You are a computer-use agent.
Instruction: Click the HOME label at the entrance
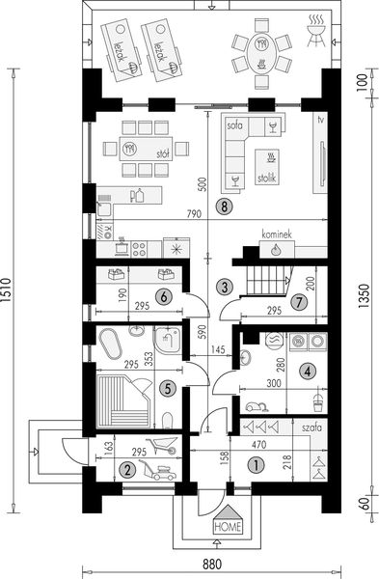228,527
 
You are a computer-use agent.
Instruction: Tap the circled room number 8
225,207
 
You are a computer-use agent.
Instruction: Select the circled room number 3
225,287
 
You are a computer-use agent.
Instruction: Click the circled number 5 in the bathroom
168,388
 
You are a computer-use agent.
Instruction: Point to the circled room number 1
257,465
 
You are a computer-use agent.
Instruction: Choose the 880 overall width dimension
212,565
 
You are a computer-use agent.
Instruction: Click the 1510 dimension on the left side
8,291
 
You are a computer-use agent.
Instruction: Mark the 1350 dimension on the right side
364,296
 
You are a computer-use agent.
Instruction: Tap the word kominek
277,234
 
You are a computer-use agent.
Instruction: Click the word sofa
234,125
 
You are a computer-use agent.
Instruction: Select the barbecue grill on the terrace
316,31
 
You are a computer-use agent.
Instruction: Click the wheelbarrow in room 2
161,446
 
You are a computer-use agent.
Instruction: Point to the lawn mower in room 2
157,471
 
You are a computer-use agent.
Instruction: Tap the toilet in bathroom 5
168,420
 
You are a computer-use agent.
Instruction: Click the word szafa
311,427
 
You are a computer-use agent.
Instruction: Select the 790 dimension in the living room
194,214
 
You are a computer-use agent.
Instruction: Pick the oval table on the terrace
261,54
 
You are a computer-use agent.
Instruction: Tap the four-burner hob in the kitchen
140,249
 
